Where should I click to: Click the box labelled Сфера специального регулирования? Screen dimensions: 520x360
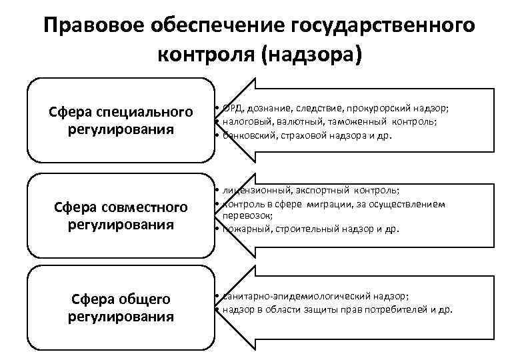coord(120,120)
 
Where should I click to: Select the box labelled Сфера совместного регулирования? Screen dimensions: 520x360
coord(120,215)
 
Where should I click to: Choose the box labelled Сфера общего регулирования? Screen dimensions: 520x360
coord(120,307)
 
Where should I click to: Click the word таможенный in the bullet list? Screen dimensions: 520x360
coord(354,122)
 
